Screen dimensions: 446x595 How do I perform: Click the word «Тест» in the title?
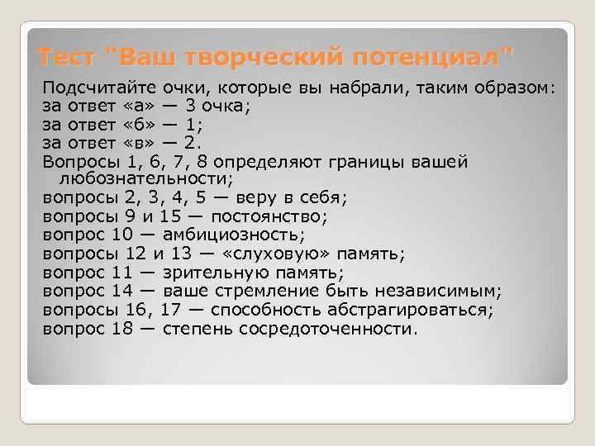pyautogui.click(x=69, y=59)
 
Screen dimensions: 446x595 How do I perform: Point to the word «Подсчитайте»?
pyautogui.click(x=99, y=88)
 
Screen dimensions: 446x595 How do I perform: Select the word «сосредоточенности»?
pyautogui.click(x=327, y=329)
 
